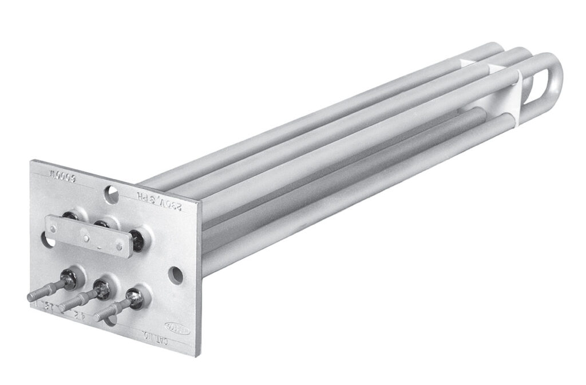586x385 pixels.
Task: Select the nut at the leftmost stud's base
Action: (74, 277)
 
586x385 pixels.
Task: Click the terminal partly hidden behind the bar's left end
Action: (70, 216)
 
